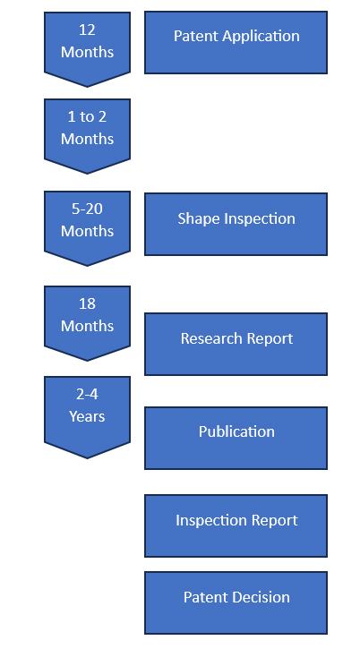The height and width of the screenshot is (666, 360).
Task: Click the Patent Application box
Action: pos(236,42)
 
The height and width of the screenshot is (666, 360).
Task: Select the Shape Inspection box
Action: pos(236,225)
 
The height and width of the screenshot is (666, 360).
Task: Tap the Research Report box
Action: pos(236,344)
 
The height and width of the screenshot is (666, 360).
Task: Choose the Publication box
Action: pos(236,438)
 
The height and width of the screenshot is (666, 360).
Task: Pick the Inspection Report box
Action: pos(236,525)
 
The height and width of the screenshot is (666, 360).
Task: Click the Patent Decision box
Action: pos(236,602)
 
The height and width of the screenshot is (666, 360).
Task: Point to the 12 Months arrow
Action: pos(87,49)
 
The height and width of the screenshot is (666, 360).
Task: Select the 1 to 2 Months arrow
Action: pos(87,136)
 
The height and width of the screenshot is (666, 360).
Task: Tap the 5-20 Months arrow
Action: pos(87,228)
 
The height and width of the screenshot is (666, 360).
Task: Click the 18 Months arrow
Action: pos(87,323)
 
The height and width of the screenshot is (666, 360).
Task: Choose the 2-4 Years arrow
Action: pos(87,417)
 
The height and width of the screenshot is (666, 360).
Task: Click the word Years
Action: pos(87,416)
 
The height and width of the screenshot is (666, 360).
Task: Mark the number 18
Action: pos(87,303)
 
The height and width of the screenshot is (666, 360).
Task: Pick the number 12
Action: pos(87,30)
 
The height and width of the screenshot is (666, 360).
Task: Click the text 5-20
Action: pos(87,209)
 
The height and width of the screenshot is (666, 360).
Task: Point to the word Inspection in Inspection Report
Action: pos(205,521)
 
